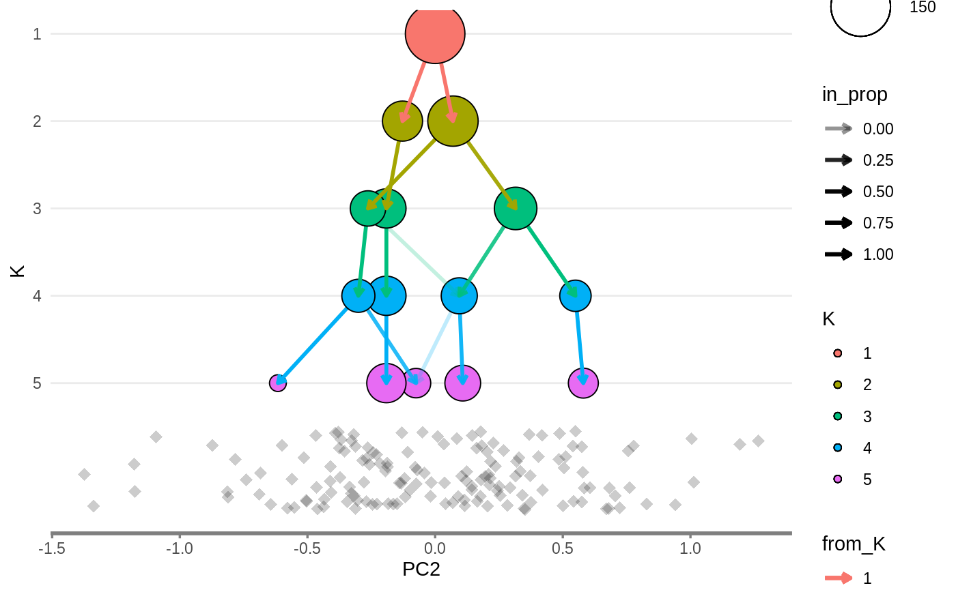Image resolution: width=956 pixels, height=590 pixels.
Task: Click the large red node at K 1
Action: coord(435,33)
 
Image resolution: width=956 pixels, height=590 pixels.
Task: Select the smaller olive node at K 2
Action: coord(402,121)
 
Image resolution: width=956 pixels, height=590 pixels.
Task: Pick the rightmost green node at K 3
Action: coord(516,208)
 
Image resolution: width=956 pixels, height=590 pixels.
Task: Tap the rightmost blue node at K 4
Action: coord(575,295)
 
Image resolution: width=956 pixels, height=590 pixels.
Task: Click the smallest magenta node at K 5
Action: coord(277,383)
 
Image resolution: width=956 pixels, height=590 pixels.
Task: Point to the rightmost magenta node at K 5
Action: coord(583,383)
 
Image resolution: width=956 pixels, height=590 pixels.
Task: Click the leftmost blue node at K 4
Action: coord(358,295)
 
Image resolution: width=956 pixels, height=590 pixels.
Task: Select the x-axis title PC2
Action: coord(421,570)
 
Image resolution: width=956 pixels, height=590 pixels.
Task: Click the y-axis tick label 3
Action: coord(36,208)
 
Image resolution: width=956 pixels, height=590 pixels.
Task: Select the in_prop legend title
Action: coord(854,95)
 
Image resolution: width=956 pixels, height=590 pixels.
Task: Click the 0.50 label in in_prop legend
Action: coord(877,192)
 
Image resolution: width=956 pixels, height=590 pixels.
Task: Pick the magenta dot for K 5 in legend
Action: coord(838,480)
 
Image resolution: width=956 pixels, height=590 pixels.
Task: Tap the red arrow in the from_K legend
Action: coord(838,578)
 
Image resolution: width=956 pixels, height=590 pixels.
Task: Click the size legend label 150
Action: coord(923,8)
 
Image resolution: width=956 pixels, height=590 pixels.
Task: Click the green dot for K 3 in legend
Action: coord(838,416)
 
